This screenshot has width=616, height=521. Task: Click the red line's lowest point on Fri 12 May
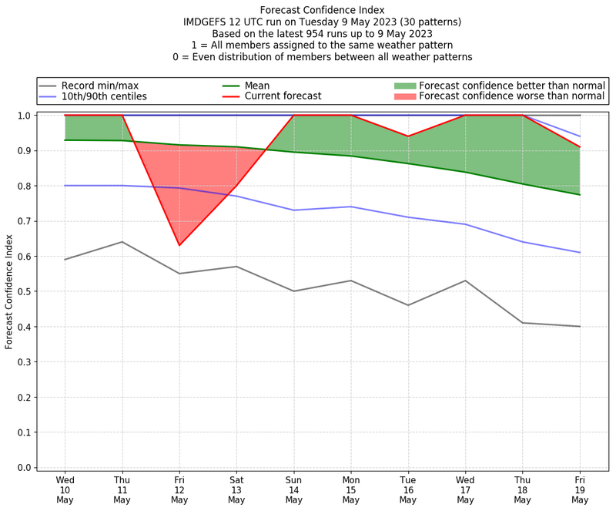point(179,245)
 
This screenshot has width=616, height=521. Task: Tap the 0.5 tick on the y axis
point(25,291)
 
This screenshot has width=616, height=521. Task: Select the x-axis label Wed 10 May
point(65,489)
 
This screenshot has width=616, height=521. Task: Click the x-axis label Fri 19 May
point(580,489)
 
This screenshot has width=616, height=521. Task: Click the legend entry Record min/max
point(99,86)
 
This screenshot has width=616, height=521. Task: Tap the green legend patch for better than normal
point(405,85)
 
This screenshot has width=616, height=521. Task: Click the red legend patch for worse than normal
point(405,96)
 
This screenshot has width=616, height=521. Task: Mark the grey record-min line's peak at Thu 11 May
point(122,242)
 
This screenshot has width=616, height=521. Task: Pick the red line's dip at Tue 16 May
point(408,136)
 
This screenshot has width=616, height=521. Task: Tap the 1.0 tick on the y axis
point(25,116)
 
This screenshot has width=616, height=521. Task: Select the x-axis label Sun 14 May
point(293,489)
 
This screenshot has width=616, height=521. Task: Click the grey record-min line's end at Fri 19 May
point(580,326)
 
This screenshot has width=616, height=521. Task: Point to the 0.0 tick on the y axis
point(25,467)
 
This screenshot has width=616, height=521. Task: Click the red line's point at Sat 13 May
point(236,186)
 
